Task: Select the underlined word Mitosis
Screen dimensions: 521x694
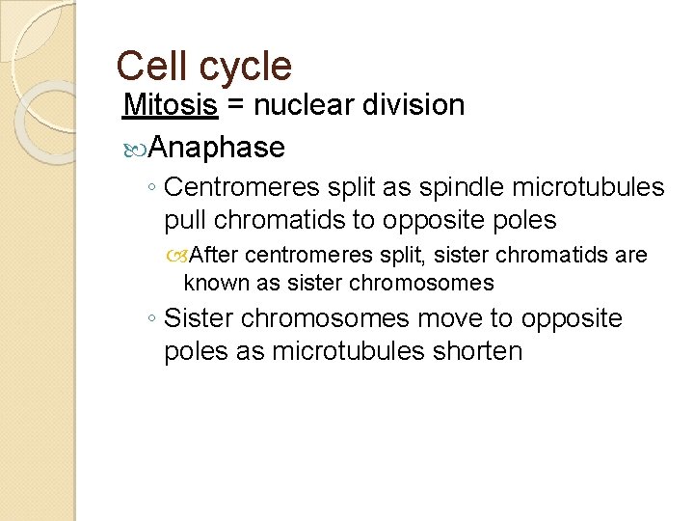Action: (x=171, y=105)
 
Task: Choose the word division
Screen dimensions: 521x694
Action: (x=418, y=105)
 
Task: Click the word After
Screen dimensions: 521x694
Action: (x=216, y=256)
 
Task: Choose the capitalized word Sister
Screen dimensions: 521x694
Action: (x=203, y=318)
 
